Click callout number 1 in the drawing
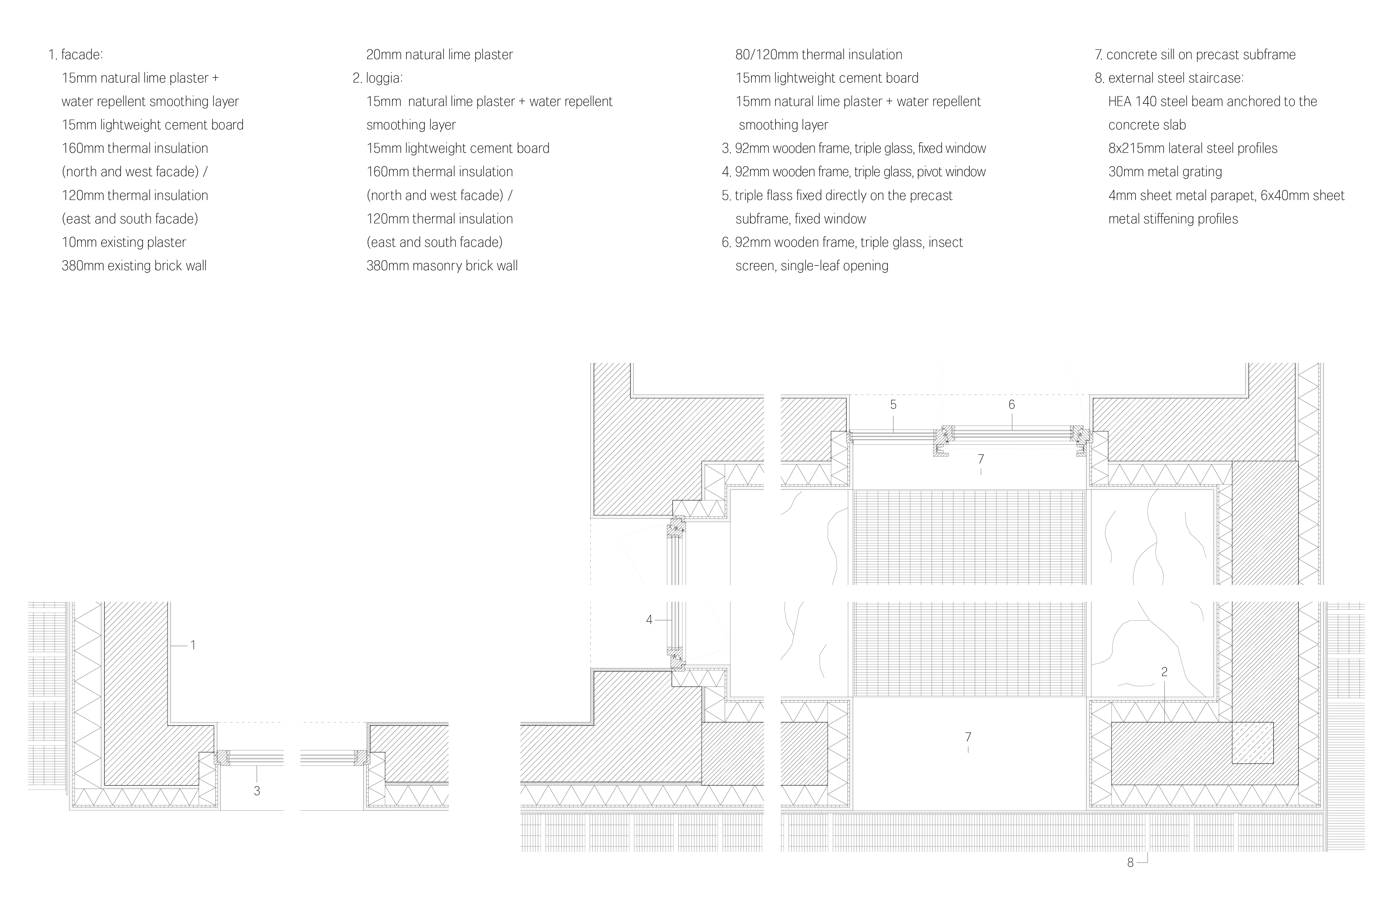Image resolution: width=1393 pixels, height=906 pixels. pos(193,645)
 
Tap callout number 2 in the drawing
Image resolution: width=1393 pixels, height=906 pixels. pos(1164,672)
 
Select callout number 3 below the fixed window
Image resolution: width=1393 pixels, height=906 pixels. pos(257,791)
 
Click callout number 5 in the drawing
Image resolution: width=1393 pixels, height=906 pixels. pos(893,405)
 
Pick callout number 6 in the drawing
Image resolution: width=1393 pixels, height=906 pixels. pos(1011,405)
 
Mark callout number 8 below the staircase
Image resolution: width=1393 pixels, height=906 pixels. pos(1130,863)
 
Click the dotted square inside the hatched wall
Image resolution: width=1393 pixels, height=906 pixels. pos(1253,743)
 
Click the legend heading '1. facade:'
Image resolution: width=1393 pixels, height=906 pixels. pos(76,55)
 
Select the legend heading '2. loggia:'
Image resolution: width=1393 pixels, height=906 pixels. pos(377,78)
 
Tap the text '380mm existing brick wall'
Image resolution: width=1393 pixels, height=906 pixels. pos(134,266)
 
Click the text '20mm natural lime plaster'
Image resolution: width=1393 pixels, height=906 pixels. pos(440,55)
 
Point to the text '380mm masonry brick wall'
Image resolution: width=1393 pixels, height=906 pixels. pos(442,266)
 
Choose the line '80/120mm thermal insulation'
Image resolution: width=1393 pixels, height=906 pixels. pos(819,55)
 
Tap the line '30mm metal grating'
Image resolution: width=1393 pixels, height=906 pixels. pos(1165,172)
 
